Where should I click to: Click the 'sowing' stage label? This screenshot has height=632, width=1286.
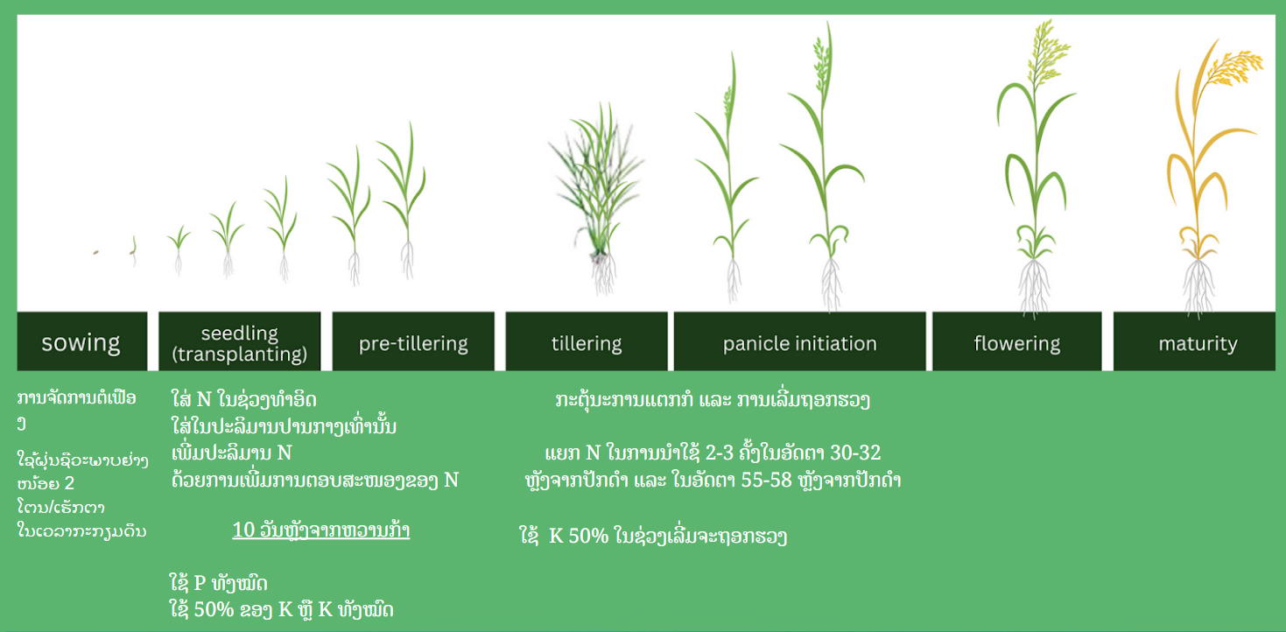click(81, 342)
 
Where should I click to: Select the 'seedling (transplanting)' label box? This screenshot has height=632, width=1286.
click(239, 342)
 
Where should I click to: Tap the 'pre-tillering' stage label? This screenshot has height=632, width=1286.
click(413, 342)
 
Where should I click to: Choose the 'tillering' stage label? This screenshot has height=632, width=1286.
click(587, 342)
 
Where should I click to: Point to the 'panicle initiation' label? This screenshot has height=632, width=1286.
click(800, 342)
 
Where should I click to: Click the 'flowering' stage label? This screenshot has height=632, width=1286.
click(1016, 342)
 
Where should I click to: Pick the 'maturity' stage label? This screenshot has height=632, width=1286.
click(1198, 342)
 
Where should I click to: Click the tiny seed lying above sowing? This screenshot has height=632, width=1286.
click(96, 252)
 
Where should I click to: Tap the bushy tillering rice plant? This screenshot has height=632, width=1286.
click(597, 195)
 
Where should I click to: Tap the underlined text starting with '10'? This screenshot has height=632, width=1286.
click(321, 530)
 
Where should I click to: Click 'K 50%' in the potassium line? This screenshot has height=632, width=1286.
click(579, 536)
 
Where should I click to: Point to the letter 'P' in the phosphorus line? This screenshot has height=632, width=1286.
click(200, 583)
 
